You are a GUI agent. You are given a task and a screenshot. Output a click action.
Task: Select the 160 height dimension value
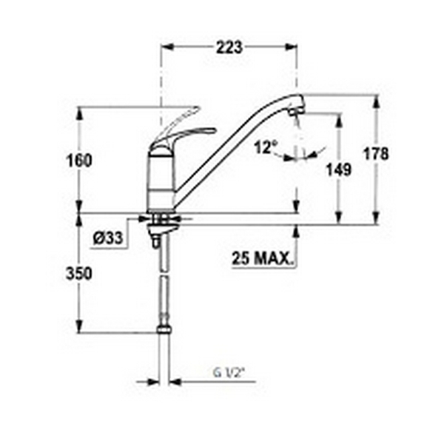point(80,161)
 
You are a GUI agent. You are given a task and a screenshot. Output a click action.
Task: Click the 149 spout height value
point(340,169)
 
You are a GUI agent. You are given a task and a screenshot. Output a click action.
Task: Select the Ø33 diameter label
point(109,238)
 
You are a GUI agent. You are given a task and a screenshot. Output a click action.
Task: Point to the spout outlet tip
point(296,112)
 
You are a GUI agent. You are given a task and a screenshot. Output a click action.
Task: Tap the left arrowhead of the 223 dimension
point(166,47)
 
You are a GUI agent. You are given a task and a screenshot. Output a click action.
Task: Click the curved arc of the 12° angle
point(300,158)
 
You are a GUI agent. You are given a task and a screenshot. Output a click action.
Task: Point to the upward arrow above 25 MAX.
point(297,232)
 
